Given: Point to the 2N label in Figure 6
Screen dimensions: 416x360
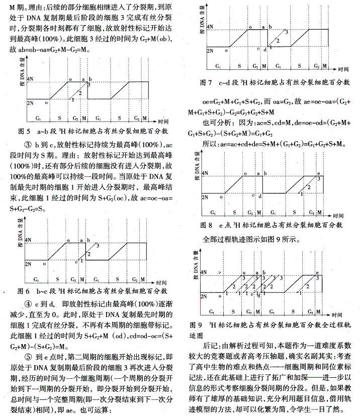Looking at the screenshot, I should [28, 262].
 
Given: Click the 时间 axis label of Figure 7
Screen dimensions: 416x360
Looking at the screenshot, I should [344, 68].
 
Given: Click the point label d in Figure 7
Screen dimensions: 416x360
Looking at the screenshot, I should [264, 48].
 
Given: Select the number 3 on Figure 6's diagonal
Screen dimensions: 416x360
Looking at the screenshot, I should [97, 245].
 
